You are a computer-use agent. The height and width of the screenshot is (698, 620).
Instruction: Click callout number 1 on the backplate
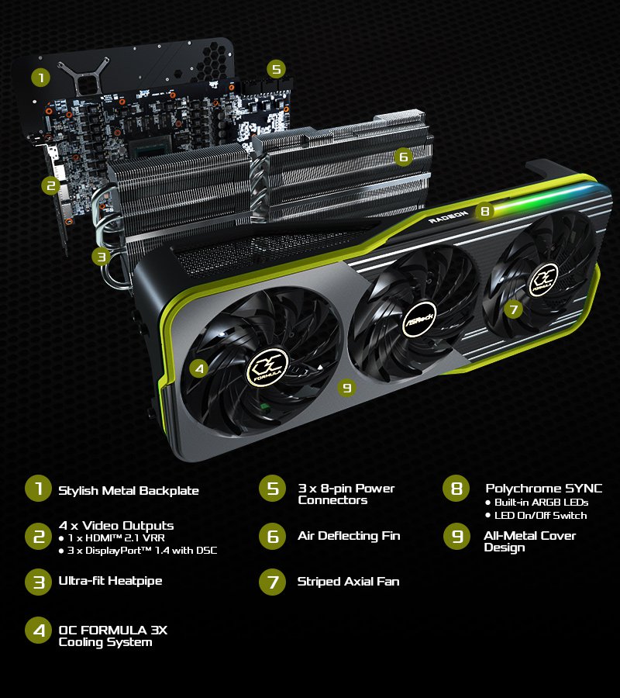click(x=40, y=78)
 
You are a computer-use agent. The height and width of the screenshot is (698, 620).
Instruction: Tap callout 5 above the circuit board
click(x=276, y=69)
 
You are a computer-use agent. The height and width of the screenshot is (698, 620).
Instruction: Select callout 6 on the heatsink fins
click(x=402, y=157)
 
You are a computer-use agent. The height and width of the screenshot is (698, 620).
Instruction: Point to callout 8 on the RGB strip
click(x=484, y=210)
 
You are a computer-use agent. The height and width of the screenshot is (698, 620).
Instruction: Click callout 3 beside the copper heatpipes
click(x=101, y=256)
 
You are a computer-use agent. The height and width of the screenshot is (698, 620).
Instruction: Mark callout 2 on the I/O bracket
click(x=51, y=185)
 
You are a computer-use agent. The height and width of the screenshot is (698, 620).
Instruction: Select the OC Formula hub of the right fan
click(x=543, y=279)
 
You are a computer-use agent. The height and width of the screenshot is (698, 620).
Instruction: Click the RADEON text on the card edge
click(x=449, y=216)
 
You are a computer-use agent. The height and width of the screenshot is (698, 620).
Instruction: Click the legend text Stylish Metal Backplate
click(x=129, y=490)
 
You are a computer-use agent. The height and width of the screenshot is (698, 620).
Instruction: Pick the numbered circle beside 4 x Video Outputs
click(x=39, y=537)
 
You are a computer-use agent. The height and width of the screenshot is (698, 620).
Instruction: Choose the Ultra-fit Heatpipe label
click(x=110, y=581)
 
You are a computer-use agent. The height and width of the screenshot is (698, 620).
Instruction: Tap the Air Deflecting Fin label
click(x=349, y=536)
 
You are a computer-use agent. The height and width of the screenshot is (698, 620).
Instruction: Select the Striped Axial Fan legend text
click(x=348, y=581)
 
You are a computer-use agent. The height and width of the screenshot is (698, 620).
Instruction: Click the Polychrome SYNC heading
click(x=543, y=488)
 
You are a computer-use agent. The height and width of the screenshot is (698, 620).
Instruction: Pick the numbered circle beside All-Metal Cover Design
click(x=457, y=537)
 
